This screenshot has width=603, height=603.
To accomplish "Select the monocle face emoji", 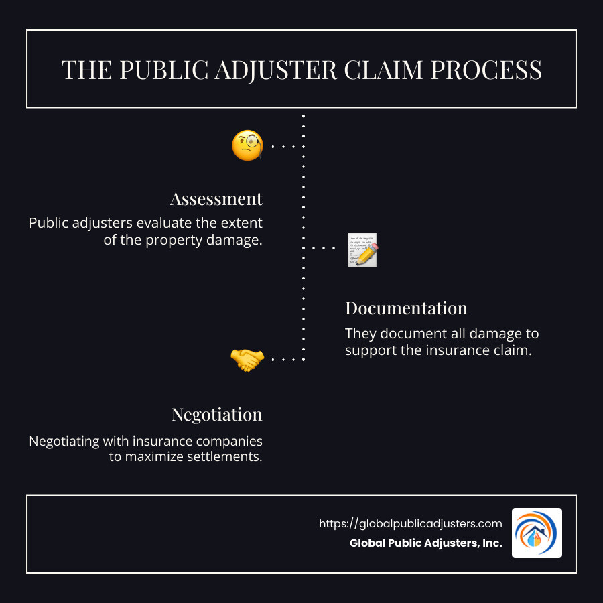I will pos(247,145).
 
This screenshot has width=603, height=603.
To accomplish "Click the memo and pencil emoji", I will pos(362,250).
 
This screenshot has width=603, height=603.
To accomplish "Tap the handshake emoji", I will pos(247,360).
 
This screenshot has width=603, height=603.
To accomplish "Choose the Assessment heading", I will pos(216,199).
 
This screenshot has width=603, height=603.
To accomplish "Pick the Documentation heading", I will pos(406,308).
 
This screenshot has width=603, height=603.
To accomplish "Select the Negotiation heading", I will pos(216,415).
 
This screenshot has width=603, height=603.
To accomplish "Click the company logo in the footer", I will pos(537,533).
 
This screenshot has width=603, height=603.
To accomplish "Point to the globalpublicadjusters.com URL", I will pos(410,524).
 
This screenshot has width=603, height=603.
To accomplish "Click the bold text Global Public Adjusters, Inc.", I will pos(425,543).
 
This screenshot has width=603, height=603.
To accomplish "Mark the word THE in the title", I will pos(83,70).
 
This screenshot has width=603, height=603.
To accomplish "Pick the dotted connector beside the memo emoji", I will pos(323,248).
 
